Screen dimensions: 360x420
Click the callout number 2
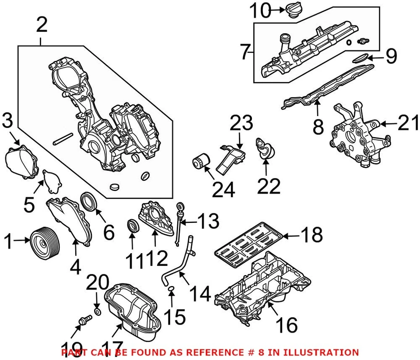[41, 25]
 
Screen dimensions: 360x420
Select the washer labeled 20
[98, 311]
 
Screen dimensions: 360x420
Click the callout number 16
[287, 325]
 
